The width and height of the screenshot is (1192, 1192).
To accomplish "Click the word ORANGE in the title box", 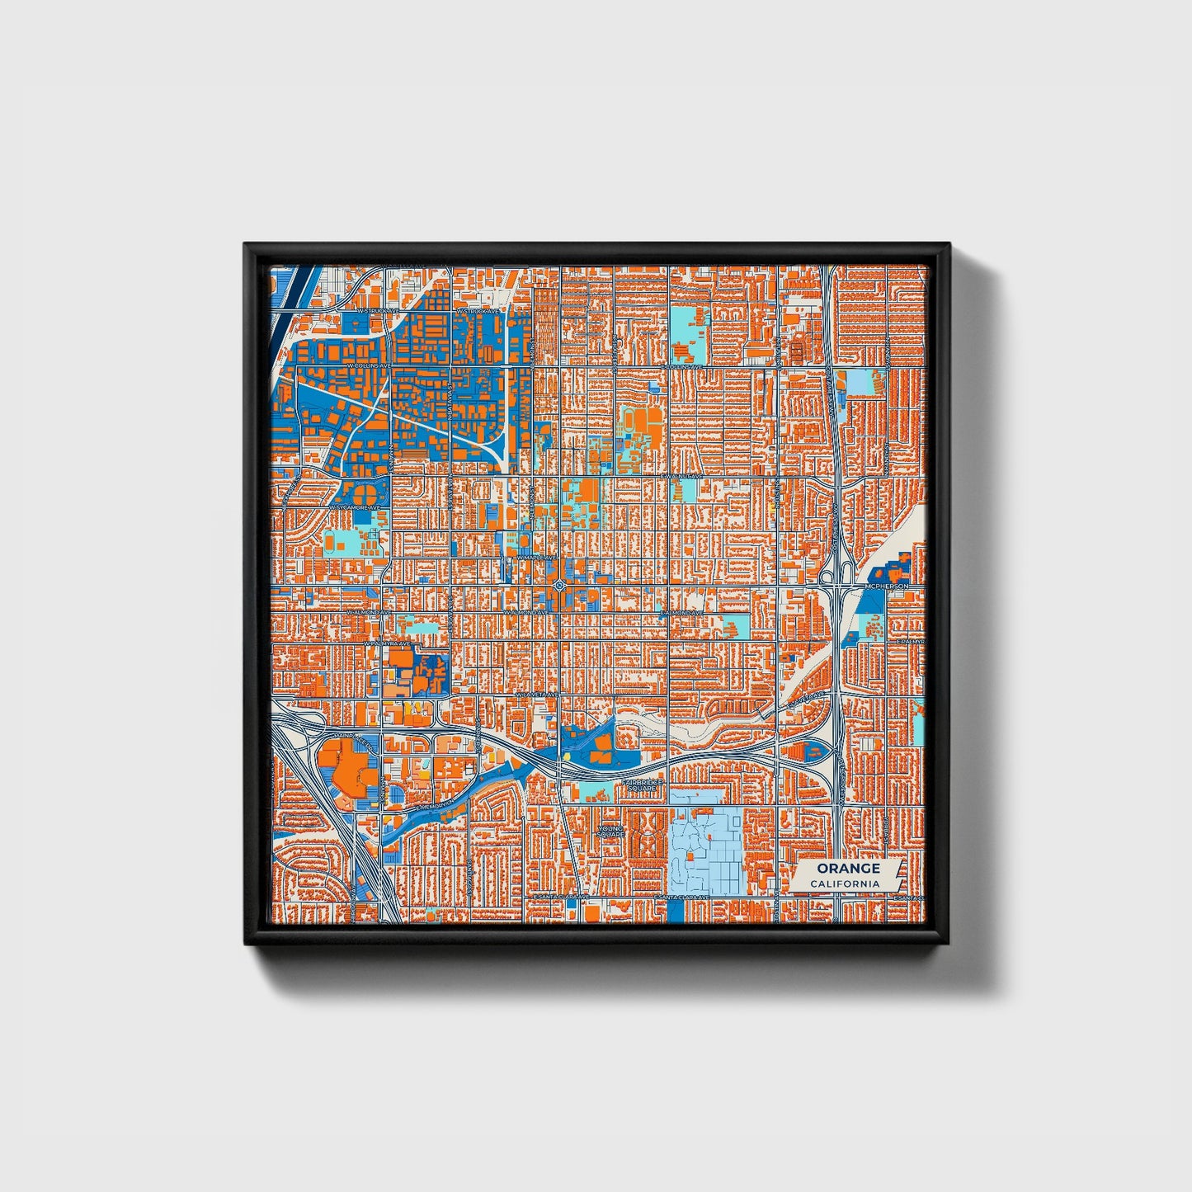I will coord(848,868).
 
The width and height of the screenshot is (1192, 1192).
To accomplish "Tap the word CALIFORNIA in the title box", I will coord(844,884).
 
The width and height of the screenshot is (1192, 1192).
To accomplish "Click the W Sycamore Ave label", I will coord(356,506).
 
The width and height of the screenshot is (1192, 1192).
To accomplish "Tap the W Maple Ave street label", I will coord(530,558).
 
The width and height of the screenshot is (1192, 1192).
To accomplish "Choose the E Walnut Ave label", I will coord(681,477).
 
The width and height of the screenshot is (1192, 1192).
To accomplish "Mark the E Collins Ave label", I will coord(684,366).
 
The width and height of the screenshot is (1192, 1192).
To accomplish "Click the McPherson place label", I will coord(886,586).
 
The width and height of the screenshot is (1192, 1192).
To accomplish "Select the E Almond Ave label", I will coord(681,613).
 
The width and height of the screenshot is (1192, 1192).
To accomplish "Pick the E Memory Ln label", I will coord(436,804).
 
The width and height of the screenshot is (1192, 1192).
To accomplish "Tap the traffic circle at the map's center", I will coord(560,585).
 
